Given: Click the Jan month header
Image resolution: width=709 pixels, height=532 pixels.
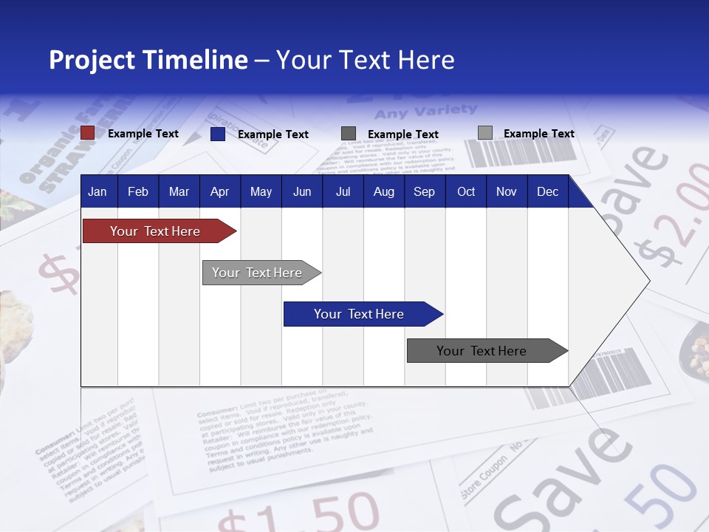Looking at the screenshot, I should pos(97,191).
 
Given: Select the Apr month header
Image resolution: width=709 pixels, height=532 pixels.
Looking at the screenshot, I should pos(219,191).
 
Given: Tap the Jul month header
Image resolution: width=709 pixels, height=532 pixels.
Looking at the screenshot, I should pos(343,191).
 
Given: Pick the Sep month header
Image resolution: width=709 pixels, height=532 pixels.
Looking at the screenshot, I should pos(424,191).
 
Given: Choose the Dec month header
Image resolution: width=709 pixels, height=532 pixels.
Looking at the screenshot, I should pos(547,191).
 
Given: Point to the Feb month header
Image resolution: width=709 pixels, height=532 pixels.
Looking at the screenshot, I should pos(138,191).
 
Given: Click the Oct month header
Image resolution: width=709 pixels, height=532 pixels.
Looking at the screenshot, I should pos(466,191).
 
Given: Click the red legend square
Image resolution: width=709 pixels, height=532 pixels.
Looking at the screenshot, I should pos(87,133).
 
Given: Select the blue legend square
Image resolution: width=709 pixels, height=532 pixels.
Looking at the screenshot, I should pos(217,134).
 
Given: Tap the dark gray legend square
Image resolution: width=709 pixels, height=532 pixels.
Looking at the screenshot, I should pos(348,134).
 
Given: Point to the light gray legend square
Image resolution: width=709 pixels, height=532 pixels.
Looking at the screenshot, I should pos(484,133).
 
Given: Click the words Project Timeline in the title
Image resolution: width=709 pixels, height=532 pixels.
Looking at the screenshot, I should pos(148,60).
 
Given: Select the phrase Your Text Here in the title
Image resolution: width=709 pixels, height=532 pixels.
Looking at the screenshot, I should pos(365,60).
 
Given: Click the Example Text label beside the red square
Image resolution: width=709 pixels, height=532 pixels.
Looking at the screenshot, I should pos(143,134).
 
